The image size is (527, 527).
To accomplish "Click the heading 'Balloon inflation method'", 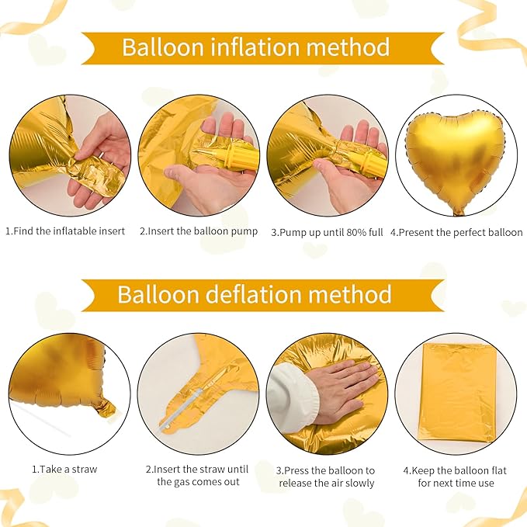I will pyautogui.click(x=255, y=47).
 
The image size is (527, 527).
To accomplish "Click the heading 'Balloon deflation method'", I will pyautogui.click(x=255, y=295).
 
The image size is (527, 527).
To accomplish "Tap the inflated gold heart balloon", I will pyautogui.click(x=455, y=156).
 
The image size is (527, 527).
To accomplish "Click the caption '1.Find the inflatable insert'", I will pyautogui.click(x=65, y=232).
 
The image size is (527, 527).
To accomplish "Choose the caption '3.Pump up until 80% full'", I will pyautogui.click(x=326, y=232).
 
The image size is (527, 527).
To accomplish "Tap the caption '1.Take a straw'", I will pyautogui.click(x=64, y=470).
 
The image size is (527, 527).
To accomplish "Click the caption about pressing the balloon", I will pyautogui.click(x=326, y=476).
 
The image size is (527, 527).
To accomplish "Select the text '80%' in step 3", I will pyautogui.click(x=350, y=232).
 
